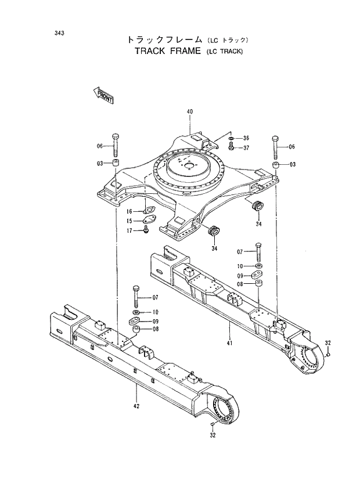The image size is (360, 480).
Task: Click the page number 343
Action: (59, 33)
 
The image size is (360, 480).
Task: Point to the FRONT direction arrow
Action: (103, 95)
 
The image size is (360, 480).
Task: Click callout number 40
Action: (189, 111)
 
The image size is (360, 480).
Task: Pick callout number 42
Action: (136, 406)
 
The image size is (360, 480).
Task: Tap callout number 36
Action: (246, 138)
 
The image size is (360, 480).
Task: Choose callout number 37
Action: (246, 147)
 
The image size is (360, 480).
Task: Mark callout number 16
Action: (130, 211)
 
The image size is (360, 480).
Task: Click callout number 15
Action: (130, 221)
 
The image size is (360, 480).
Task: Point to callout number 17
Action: (130, 230)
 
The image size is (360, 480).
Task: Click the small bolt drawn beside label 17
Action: (146, 230)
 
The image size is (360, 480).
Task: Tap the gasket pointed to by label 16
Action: (149, 210)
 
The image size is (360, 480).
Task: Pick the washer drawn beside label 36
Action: (231, 139)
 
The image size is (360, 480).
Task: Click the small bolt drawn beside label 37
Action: (231, 147)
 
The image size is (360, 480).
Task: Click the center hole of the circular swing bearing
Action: (188, 165)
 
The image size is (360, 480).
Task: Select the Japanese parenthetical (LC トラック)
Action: (228, 40)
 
